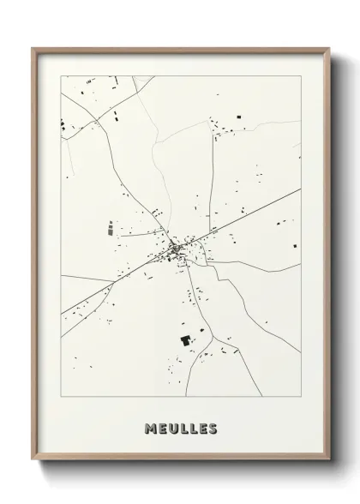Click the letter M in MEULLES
pos(150,429)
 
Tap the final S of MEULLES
pos(213,429)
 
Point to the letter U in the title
pos(171,429)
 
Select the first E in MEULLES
pos(161,429)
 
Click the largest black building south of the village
pos(184,340)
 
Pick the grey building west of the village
pos(110,228)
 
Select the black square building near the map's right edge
pos(295,246)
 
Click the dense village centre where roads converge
pos(177,249)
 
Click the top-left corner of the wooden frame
pos(33,48)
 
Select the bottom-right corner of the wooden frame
pos(329,462)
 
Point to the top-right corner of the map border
pos(301,75)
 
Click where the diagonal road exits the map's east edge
pos(301,189)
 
